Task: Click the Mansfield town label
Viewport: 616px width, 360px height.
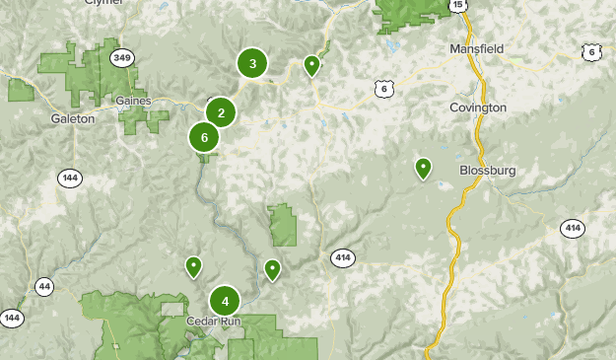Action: click(x=476, y=48)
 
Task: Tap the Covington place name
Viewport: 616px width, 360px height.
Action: click(x=477, y=107)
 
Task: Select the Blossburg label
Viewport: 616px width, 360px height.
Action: click(x=488, y=171)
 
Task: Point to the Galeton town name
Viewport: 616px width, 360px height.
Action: click(x=73, y=117)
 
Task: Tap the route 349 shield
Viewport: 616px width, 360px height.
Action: click(x=122, y=57)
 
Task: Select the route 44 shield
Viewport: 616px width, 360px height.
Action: click(x=44, y=286)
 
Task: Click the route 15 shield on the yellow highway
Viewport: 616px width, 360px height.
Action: click(x=458, y=5)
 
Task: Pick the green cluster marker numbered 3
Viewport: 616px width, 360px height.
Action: click(x=253, y=64)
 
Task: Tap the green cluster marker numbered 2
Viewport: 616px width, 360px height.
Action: click(x=221, y=112)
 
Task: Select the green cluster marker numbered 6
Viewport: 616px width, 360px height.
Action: click(x=204, y=137)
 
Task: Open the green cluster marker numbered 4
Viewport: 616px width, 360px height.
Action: click(x=225, y=301)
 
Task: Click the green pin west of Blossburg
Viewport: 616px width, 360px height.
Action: click(x=423, y=168)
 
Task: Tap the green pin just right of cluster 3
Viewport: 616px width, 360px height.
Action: click(x=312, y=65)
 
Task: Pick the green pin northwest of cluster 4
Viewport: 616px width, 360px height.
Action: click(x=194, y=265)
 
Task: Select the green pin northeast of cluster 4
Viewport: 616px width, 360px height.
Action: click(x=272, y=268)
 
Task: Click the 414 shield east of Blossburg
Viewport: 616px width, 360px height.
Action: click(x=572, y=228)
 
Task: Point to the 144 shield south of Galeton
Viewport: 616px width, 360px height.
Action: click(x=69, y=179)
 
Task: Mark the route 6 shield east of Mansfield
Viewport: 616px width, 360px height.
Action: click(x=591, y=51)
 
